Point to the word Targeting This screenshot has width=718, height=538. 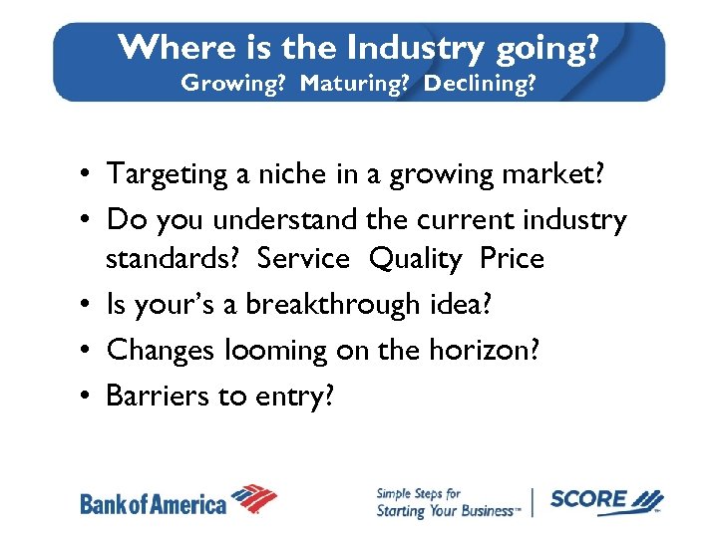(168, 173)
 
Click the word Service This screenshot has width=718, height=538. (303, 259)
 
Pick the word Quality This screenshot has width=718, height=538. (415, 259)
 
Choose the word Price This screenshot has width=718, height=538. (512, 259)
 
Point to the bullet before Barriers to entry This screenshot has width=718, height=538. (88, 397)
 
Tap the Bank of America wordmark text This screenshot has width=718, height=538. (154, 503)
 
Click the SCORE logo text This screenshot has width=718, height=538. (589, 499)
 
